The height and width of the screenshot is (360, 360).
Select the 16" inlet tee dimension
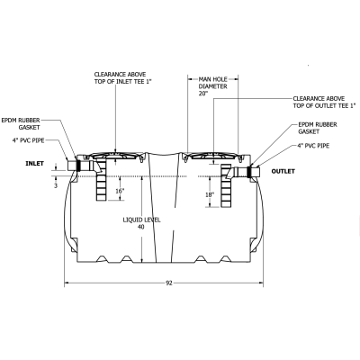120,191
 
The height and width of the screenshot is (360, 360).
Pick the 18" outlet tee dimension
208,193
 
